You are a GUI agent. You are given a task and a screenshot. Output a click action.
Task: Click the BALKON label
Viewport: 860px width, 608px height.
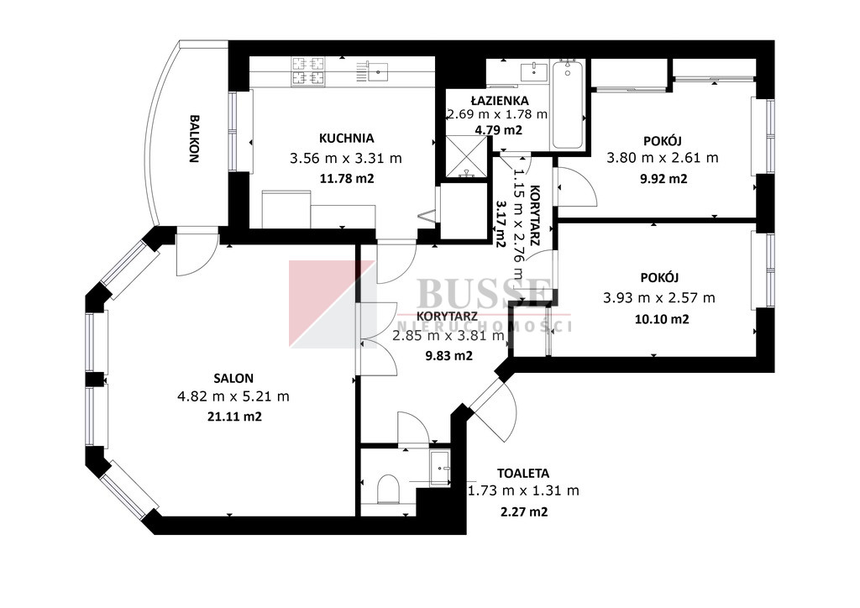point(194,139)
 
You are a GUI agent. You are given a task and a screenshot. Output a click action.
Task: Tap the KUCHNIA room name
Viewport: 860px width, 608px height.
point(346,139)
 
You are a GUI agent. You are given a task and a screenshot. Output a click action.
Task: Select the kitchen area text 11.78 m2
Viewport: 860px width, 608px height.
point(346,178)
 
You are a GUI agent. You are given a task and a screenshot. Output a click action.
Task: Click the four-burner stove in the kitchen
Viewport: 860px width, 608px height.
point(308,72)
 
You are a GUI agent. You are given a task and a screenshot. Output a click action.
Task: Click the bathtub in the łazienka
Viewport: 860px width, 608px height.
point(568,104)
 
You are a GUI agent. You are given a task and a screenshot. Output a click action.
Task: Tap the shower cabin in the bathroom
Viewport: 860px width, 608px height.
point(466,156)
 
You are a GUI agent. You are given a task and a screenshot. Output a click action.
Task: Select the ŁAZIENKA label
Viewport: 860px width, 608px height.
point(500,100)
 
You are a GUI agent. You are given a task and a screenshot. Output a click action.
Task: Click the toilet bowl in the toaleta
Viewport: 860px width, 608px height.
point(388,489)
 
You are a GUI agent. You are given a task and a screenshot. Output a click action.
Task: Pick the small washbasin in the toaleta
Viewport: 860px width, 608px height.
point(440,468)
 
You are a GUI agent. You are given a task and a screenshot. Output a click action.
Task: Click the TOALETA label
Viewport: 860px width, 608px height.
point(522,473)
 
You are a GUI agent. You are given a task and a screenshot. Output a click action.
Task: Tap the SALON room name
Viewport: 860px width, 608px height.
point(233,378)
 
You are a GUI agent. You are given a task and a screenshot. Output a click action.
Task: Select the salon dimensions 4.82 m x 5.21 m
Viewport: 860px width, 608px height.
point(233,396)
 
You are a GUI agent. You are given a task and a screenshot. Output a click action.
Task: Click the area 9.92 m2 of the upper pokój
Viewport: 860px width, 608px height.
point(663,179)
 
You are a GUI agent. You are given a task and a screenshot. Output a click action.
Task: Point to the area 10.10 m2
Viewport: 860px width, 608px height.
point(662,319)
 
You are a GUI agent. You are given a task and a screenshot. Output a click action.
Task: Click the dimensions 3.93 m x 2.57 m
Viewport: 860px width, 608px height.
point(659,297)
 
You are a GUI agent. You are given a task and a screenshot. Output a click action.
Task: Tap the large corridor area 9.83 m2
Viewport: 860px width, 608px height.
point(448,356)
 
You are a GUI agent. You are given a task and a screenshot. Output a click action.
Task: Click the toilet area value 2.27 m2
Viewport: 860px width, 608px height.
point(524,512)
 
